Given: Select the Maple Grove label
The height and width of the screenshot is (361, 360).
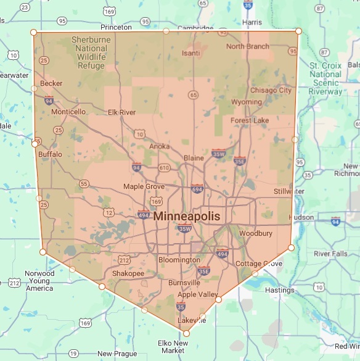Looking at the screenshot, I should [144, 186].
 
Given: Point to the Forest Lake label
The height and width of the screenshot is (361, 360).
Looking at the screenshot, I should [250, 120].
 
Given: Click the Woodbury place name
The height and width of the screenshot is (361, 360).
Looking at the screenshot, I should [256, 234].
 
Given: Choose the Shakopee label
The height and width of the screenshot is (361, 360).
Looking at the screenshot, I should [128, 273].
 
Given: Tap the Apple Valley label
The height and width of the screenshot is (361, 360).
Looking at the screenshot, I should [198, 294].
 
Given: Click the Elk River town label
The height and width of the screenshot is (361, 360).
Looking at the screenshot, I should [121, 112].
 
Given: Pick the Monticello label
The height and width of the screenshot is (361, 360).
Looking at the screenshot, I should [68, 112].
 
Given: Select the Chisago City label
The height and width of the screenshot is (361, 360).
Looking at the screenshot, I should [271, 90].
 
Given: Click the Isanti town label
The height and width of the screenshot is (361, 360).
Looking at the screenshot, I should [190, 53].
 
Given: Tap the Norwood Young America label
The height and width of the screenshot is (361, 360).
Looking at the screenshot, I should [39, 281].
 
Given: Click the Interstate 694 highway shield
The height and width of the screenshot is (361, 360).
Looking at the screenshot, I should [197, 189].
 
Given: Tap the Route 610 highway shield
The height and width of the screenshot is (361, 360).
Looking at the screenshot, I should [163, 168].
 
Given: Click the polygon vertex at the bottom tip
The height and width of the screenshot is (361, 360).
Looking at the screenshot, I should [187, 334].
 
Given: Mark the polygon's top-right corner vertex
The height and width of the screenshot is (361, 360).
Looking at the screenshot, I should [298, 31].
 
